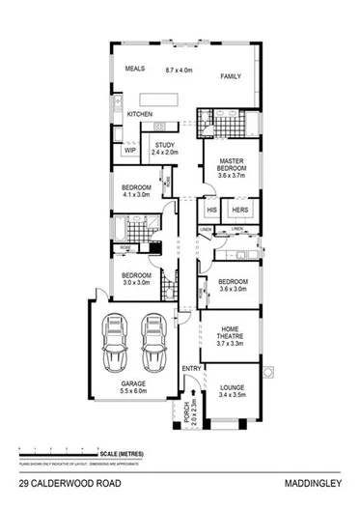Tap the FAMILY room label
click(230, 75)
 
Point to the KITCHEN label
click(141, 115)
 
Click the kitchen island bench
click(161, 98)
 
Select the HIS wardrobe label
click(211, 210)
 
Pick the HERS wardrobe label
click(238, 210)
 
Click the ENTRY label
click(192, 367)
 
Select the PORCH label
click(191, 411)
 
